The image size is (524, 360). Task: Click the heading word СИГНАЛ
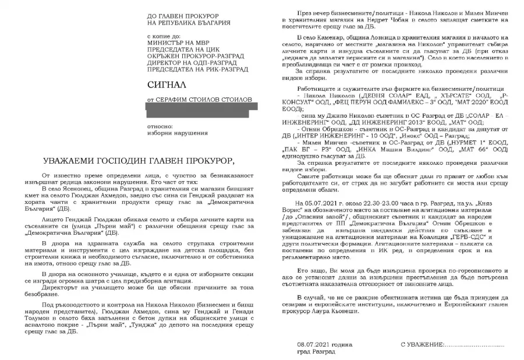[167, 85]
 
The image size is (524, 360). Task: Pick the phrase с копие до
[165, 36]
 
